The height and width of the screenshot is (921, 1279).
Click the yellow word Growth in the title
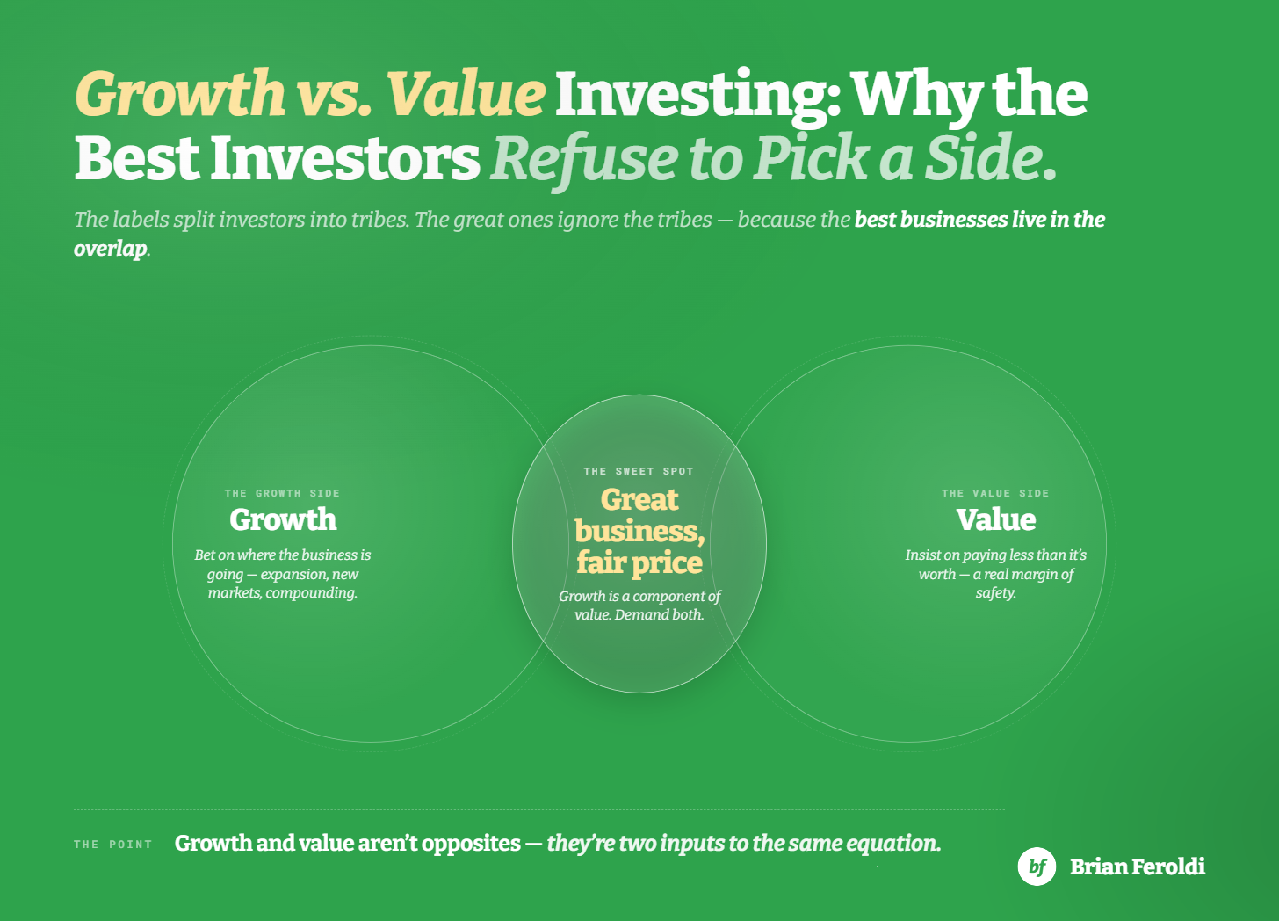coord(180,92)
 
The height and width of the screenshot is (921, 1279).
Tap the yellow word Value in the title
coord(466,92)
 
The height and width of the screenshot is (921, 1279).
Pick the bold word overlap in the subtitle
coord(111,249)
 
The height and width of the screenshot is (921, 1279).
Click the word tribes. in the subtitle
coord(380,220)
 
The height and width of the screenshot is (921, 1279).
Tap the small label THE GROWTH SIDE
coord(282,493)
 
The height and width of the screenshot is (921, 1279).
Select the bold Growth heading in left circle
coord(283,519)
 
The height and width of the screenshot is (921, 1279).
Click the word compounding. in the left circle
coord(311,593)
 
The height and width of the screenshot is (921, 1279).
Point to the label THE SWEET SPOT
coord(639,471)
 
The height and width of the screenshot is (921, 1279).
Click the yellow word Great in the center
coord(639,501)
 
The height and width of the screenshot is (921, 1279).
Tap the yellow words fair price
coord(639,563)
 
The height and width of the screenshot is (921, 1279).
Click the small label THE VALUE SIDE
coord(995,493)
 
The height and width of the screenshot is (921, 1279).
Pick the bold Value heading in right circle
coord(996,519)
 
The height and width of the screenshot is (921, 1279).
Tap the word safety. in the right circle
coord(996,593)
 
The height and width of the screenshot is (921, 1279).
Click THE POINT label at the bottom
coord(113,845)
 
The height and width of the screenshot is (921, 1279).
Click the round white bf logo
coord(1037,867)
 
